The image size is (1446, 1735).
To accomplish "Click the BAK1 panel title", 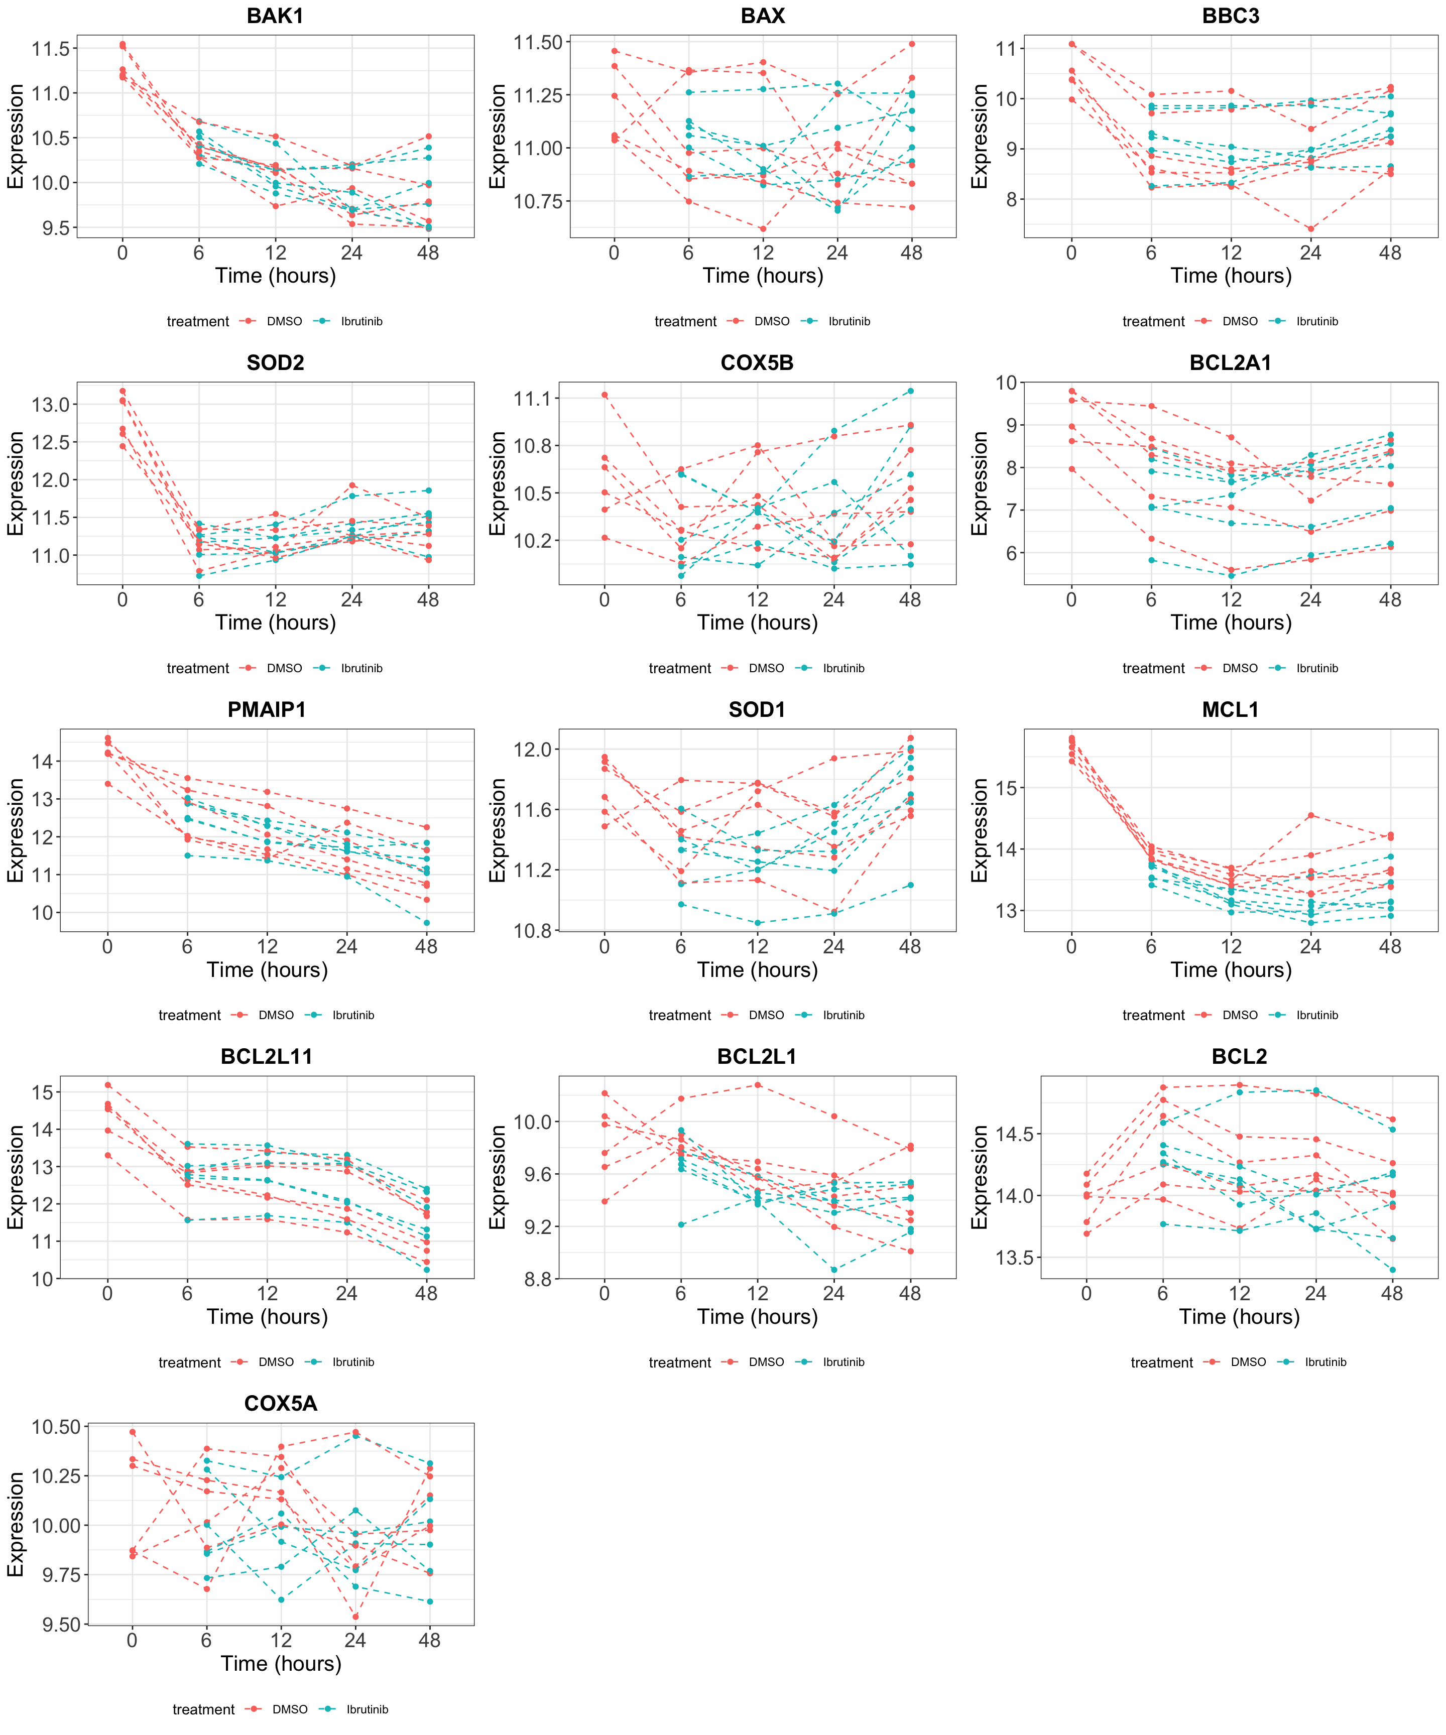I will coord(275,16).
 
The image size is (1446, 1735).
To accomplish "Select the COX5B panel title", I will coord(757,362).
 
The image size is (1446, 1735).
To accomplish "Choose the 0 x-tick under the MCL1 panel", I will coord(1071,947).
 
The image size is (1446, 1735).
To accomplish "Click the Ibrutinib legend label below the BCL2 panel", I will coord(1325,1362).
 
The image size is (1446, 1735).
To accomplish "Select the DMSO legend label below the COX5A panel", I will coord(290,1709).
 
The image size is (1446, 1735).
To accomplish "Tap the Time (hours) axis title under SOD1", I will coord(757,970).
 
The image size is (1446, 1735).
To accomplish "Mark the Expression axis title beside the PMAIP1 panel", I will coord(15,830).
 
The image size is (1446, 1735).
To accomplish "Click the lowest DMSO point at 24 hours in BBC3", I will coord(1310,229).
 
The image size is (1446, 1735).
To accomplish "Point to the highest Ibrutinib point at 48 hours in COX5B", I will coord(910,391).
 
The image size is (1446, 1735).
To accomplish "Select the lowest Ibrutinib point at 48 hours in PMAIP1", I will coord(426,923).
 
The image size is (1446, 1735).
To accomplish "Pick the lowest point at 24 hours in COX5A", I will coord(355,1617).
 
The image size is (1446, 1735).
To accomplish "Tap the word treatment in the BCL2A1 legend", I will coord(1153,668).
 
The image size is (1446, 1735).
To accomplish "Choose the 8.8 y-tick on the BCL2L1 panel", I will coord(537,1280).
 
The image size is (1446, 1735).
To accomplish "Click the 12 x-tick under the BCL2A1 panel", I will coord(1231,600).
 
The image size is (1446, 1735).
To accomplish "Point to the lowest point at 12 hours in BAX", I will coord(763,229).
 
